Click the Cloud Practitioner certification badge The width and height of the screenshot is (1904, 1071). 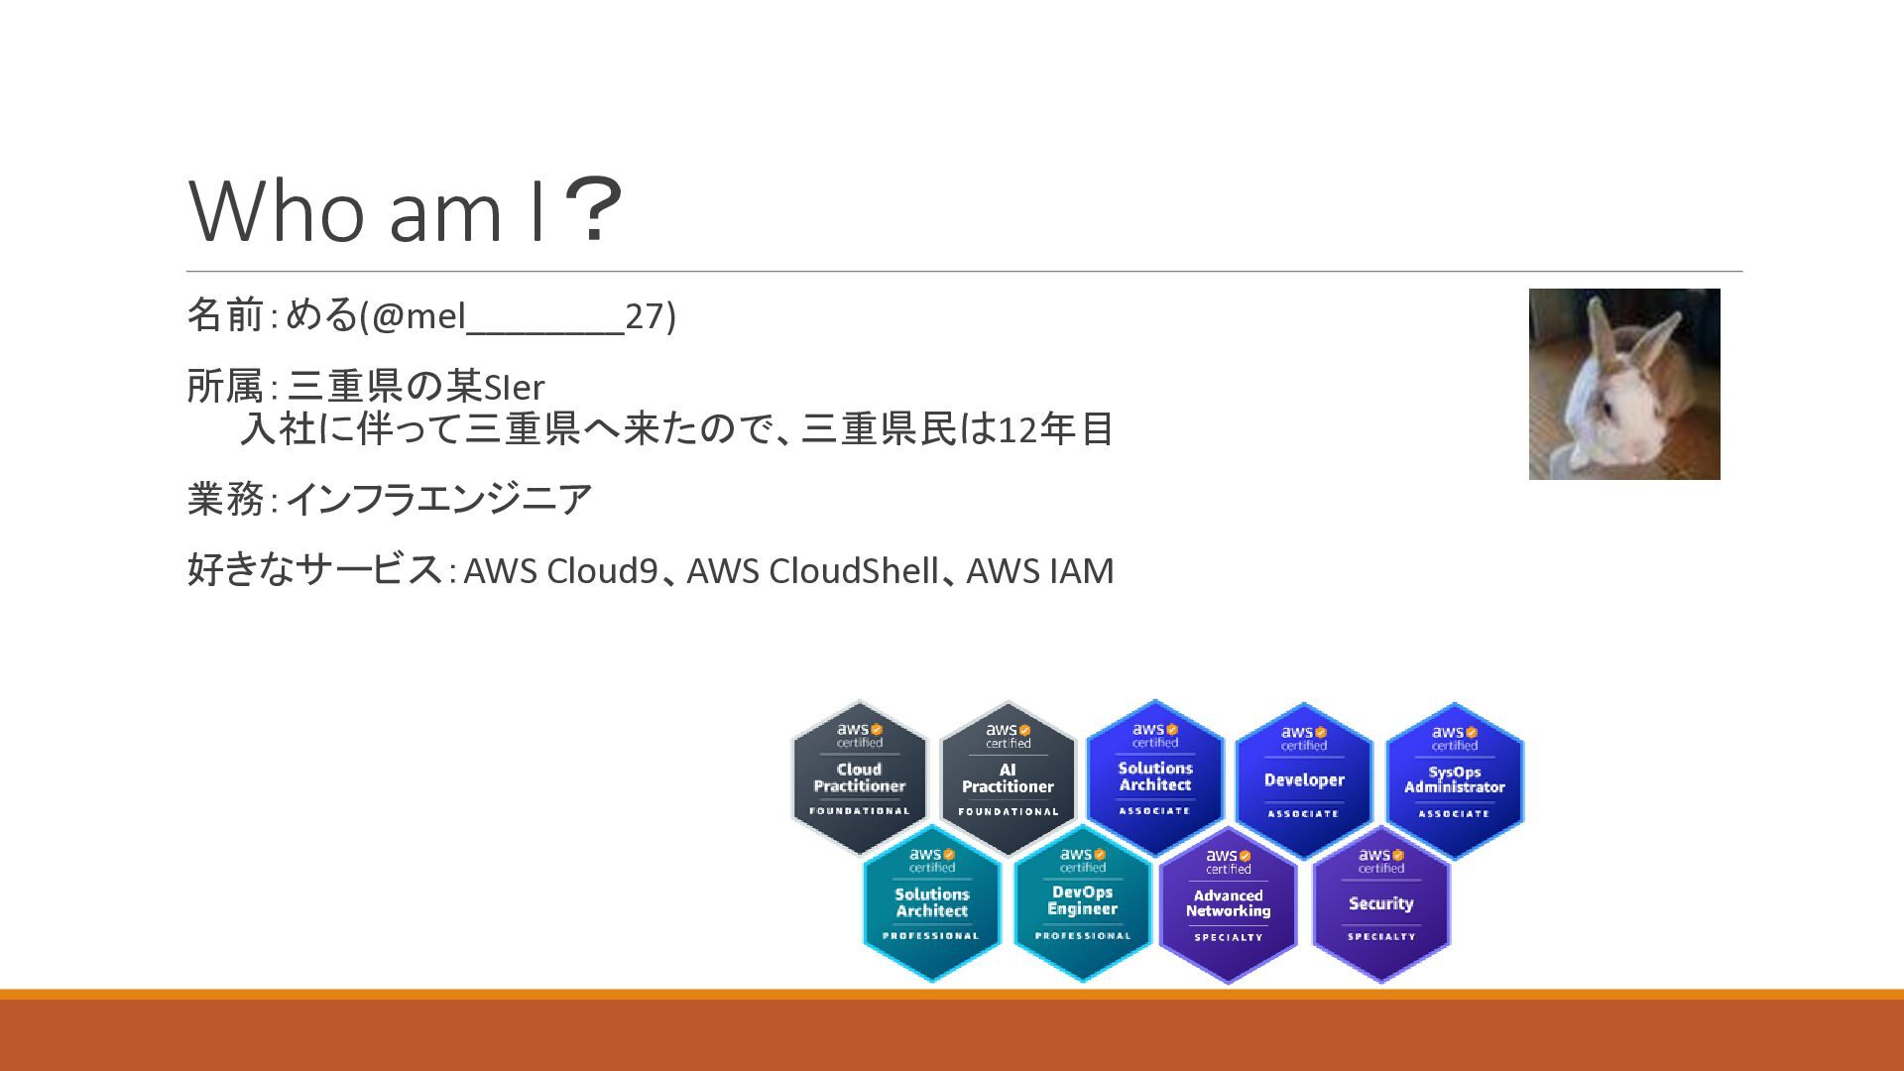[x=859, y=778]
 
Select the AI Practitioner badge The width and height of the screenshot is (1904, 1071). [x=1008, y=778]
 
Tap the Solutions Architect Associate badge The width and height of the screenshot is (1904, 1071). [x=1155, y=776]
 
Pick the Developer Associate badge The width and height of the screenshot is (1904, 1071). [x=1304, y=780]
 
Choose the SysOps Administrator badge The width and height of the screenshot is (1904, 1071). [x=1454, y=780]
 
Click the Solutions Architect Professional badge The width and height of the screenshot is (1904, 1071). [x=931, y=903]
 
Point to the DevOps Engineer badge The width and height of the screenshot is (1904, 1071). [x=1082, y=901]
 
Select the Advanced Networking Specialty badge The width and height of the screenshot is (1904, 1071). [x=1228, y=904]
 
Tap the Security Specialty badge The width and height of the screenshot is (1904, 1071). [x=1380, y=903]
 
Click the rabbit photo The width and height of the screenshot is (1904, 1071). [x=1624, y=384]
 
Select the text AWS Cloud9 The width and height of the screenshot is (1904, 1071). [x=560, y=571]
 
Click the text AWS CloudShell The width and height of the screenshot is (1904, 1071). [x=812, y=571]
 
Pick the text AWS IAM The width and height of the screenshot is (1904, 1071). [x=1040, y=571]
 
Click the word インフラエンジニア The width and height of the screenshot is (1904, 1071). [x=438, y=499]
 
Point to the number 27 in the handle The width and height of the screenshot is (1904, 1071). [x=644, y=316]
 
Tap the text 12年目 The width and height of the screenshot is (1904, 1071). [x=1055, y=429]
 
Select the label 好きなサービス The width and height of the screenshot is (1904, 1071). [x=314, y=570]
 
